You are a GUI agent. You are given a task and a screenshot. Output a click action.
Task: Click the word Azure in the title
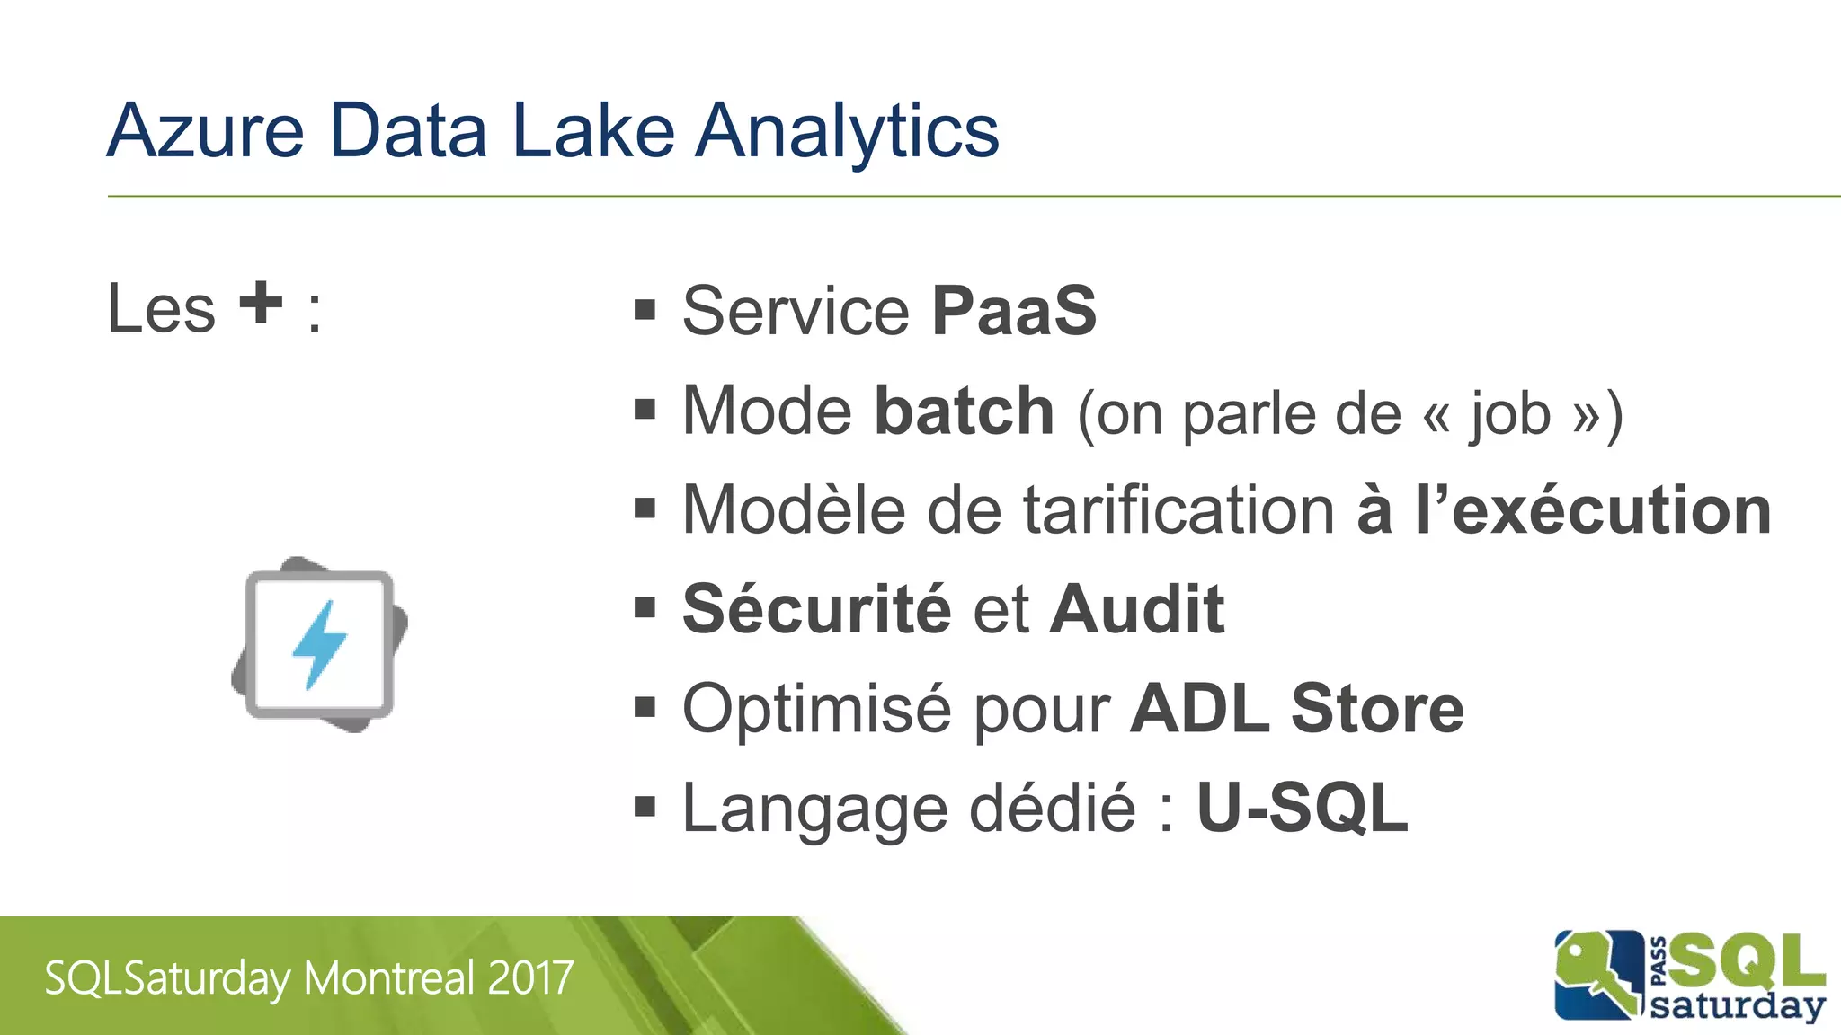coord(206,131)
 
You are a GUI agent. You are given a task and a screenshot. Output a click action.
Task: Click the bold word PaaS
coord(1014,311)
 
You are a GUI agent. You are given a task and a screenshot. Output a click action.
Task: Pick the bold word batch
coord(965,411)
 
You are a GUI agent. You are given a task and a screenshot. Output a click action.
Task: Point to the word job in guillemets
coord(1510,415)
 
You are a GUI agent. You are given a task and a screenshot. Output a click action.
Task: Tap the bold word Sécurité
coord(816,609)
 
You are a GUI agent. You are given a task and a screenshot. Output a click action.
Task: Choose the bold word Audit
coord(1137,609)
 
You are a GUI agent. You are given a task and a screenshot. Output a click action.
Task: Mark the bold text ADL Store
coord(1297,709)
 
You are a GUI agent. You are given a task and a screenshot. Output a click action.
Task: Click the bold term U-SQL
coord(1302,808)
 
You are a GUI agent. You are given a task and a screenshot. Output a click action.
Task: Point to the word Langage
coord(814,809)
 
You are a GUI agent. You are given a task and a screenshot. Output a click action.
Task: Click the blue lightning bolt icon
coord(319,644)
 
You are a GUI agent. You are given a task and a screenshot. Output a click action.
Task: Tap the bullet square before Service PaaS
coord(645,311)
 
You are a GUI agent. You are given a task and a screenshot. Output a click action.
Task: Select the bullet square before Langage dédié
coord(645,807)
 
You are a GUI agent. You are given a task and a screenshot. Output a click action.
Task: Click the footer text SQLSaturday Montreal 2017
coord(309,978)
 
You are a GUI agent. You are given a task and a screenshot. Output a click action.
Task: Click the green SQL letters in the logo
coord(1748,961)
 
